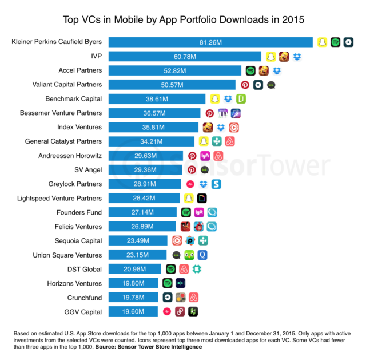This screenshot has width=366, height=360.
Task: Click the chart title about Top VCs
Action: pyautogui.click(x=183, y=19)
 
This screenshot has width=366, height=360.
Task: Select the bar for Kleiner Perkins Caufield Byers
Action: pyautogui.click(x=210, y=42)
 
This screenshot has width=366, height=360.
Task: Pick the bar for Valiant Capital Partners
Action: pyautogui.click(x=172, y=85)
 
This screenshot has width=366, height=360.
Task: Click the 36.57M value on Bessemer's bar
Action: pyautogui.click(x=154, y=113)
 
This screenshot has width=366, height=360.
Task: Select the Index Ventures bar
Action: pyautogui.click(x=153, y=127)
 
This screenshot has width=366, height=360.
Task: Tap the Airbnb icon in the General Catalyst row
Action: pyautogui.click(x=230, y=141)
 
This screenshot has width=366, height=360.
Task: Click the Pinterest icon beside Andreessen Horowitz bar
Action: pyautogui.click(x=192, y=156)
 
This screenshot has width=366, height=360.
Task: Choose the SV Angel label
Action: pyautogui.click(x=88, y=169)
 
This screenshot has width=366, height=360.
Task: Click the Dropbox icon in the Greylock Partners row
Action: pyautogui.click(x=204, y=184)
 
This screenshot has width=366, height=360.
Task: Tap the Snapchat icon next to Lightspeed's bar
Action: pyautogui.click(x=188, y=198)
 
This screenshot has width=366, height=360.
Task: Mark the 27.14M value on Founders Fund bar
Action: pyautogui.click(x=142, y=212)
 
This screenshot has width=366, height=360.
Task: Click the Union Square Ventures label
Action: pyautogui.click(x=67, y=255)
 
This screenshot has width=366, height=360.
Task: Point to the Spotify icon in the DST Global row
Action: pyautogui.click(x=170, y=269)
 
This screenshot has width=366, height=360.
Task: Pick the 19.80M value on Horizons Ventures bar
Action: pyautogui.click(x=133, y=283)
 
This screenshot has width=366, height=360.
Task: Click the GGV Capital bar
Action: pyautogui.click(x=133, y=311)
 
